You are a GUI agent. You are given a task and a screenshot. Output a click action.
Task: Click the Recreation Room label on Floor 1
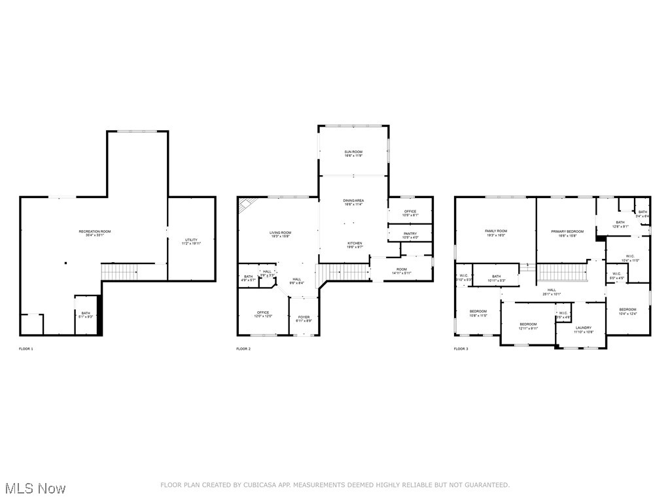(95, 233)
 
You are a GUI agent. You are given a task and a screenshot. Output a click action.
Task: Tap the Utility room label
(191, 241)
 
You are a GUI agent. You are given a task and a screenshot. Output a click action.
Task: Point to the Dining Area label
(353, 202)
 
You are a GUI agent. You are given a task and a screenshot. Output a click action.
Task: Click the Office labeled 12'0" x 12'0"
(263, 314)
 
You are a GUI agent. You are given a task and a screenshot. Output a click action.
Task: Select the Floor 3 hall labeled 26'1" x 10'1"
(552, 292)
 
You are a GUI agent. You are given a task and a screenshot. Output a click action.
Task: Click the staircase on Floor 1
(119, 271)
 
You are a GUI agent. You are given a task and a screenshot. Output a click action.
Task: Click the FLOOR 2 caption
(243, 349)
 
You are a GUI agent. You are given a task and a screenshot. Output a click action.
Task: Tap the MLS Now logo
(35, 488)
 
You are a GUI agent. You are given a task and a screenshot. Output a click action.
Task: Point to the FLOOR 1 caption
(26, 349)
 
